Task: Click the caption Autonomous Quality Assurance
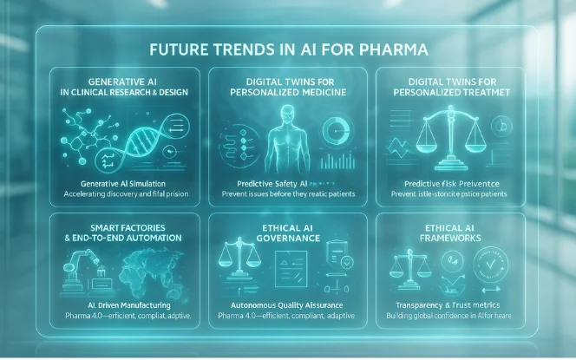(x=287, y=305)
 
